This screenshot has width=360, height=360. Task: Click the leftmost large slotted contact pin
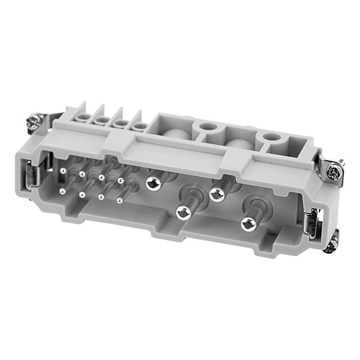pyautogui.click(x=152, y=182)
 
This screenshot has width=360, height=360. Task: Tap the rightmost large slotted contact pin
pyautogui.click(x=248, y=224)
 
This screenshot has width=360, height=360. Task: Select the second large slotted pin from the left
pyautogui.click(x=182, y=213)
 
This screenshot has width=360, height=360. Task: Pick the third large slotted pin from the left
pyautogui.click(x=217, y=194)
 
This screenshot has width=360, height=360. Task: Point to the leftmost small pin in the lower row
pyautogui.click(x=62, y=191)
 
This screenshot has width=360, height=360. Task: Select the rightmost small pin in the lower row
pyautogui.click(x=120, y=200)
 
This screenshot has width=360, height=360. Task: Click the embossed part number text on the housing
pyautogui.click(x=175, y=137)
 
